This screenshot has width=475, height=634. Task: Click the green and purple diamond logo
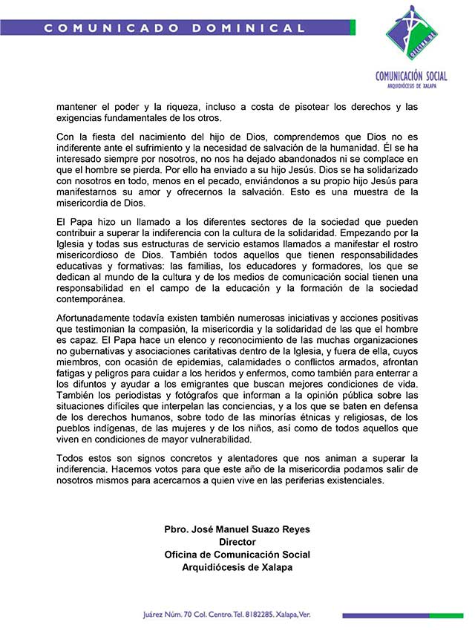[x=418, y=35]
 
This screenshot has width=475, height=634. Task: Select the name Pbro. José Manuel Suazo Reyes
[x=237, y=530]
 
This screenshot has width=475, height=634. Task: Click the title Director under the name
[x=237, y=543]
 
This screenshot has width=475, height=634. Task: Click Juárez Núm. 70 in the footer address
[x=172, y=615]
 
